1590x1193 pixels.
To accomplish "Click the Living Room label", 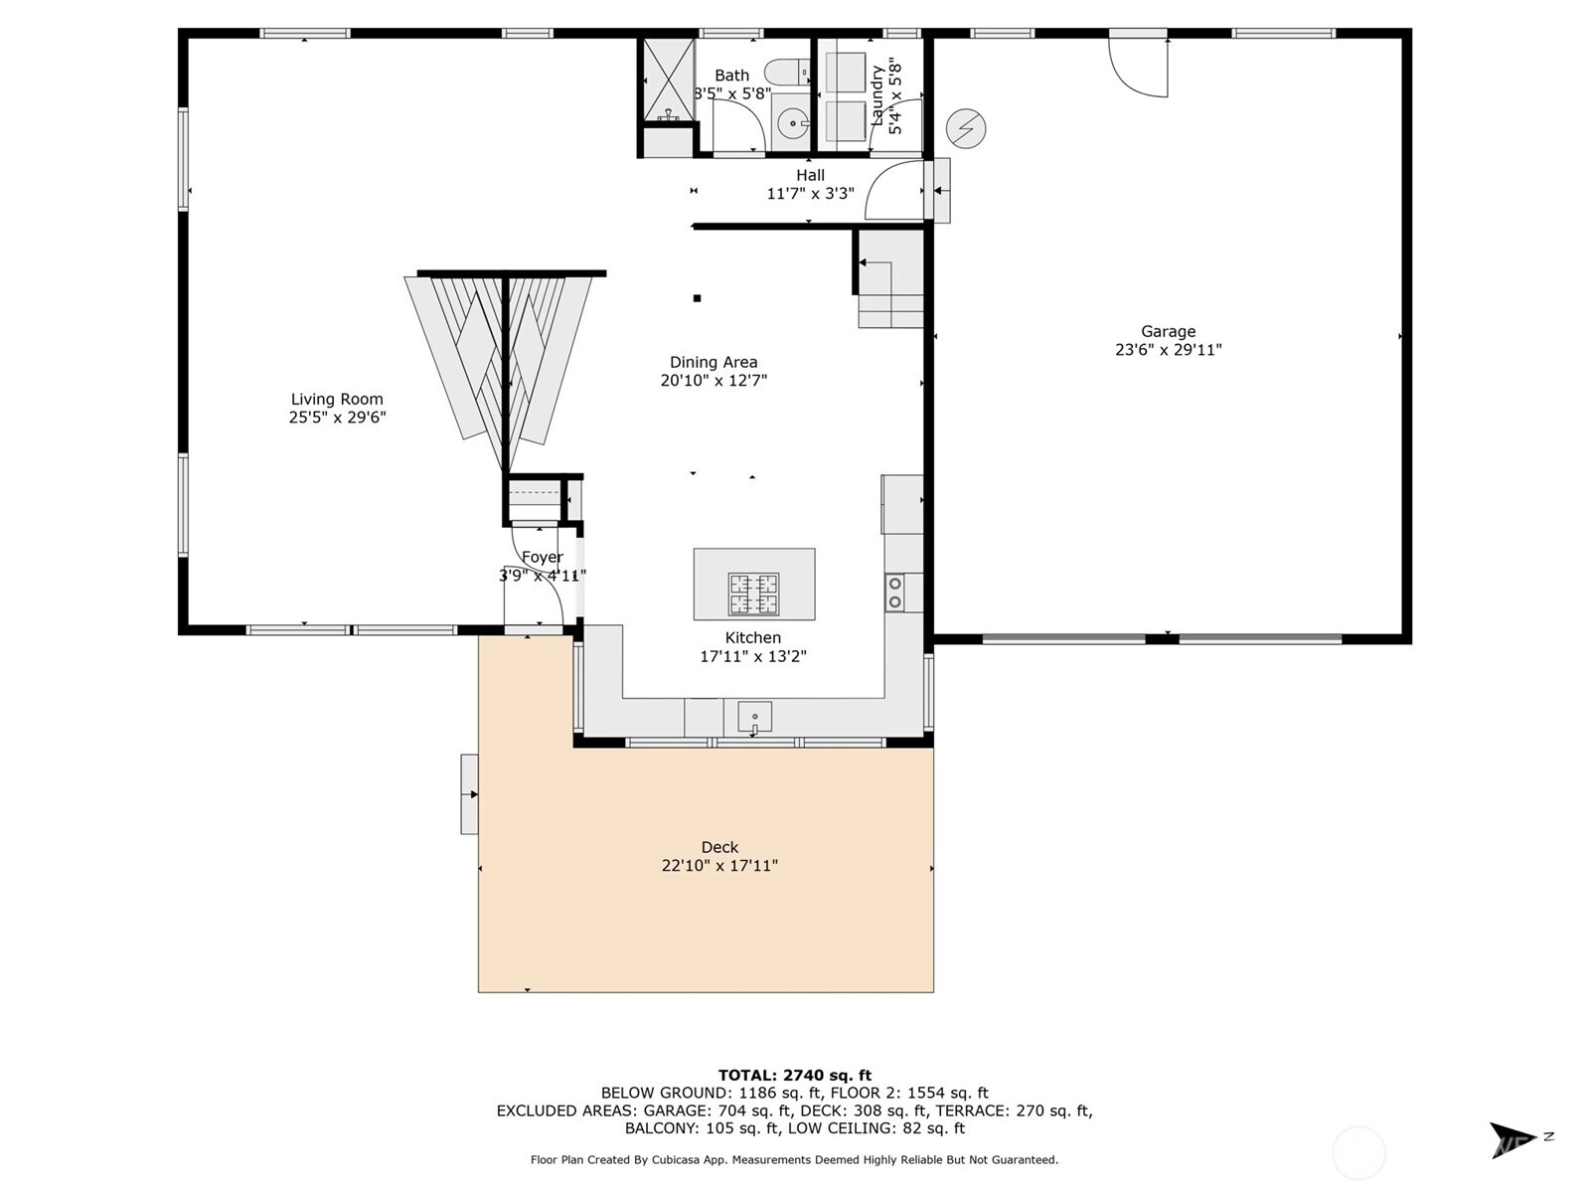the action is click(x=337, y=399).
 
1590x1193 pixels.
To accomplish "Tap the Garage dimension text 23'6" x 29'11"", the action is click(x=1168, y=350).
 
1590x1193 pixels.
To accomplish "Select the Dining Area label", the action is click(x=714, y=362).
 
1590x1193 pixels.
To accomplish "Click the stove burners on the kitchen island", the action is click(x=754, y=594).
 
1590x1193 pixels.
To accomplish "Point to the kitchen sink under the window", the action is click(x=755, y=717).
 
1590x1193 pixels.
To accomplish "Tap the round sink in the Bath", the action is click(x=792, y=124).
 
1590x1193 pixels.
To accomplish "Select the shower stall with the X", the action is click(x=669, y=80).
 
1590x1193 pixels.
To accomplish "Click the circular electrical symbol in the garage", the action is click(x=966, y=129).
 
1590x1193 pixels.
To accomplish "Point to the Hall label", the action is click(x=811, y=175).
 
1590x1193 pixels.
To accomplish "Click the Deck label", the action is click(x=720, y=847).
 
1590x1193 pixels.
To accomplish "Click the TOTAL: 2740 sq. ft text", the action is click(x=795, y=1076).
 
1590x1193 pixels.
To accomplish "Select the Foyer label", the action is click(x=542, y=557).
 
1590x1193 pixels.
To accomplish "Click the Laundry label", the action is click(x=877, y=95).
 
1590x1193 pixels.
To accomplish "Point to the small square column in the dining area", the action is click(x=697, y=297).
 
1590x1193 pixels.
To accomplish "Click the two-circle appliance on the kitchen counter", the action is click(x=895, y=593).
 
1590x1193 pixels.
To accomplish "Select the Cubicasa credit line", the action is click(x=795, y=1159).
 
